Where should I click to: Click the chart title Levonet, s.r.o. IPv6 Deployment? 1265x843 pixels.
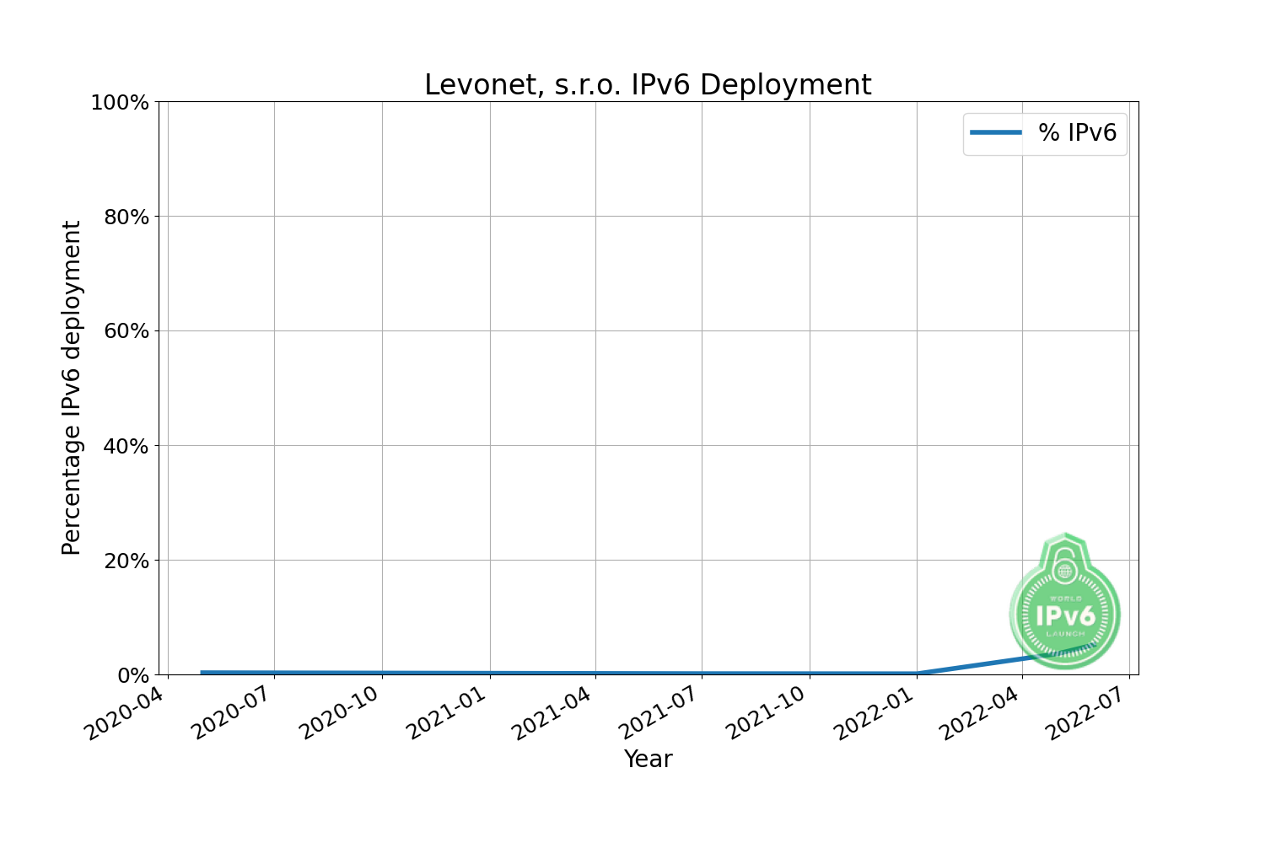[x=648, y=85]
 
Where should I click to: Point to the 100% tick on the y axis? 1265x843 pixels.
[x=120, y=103]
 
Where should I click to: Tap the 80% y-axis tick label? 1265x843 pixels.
[x=126, y=217]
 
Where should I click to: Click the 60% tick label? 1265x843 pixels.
[x=126, y=331]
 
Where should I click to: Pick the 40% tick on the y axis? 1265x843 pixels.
[x=126, y=446]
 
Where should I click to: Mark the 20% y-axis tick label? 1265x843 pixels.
[x=126, y=561]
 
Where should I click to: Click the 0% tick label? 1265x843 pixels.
[x=133, y=675]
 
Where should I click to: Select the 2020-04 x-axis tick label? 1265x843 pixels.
[x=125, y=713]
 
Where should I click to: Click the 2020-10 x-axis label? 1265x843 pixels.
[x=339, y=713]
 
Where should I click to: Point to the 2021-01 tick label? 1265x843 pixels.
[x=446, y=713]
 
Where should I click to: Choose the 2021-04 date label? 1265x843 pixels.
[x=552, y=713]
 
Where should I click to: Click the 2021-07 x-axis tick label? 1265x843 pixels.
[x=659, y=713]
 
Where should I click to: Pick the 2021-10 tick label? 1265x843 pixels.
[x=766, y=713]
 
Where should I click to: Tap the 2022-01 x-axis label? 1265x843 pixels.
[x=873, y=713]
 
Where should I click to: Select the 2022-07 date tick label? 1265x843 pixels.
[x=1086, y=713]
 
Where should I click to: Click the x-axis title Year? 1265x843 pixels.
[x=648, y=760]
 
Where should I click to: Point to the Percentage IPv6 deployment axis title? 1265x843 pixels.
[x=72, y=388]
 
